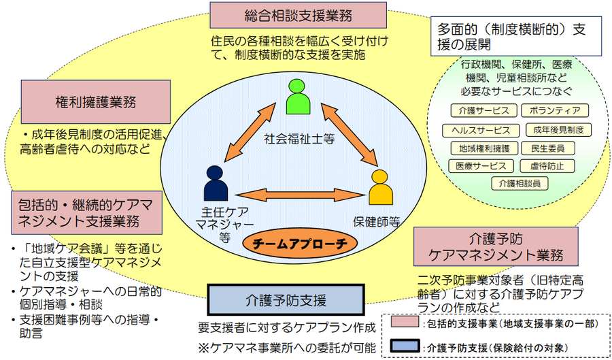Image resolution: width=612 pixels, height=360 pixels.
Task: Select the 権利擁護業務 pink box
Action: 95,102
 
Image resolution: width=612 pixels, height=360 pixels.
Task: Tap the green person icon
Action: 298,97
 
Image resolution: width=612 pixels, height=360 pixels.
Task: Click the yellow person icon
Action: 381,189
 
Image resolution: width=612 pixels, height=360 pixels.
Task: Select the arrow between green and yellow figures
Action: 350,134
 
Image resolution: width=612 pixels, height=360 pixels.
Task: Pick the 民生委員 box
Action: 547,148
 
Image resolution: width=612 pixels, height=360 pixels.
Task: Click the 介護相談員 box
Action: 520,183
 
